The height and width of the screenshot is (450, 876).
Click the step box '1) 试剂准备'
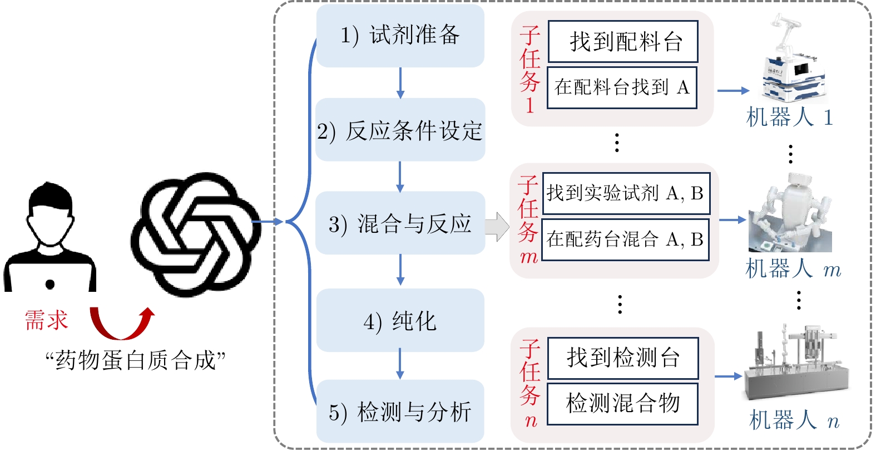tap(400, 36)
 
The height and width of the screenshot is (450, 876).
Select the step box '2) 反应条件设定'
tap(400, 130)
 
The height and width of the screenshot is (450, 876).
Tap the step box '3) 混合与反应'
tap(400, 223)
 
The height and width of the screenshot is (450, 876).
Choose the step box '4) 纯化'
tap(400, 320)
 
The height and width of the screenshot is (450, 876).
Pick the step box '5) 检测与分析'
tap(400, 412)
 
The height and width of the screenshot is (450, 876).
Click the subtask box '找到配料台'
tap(623, 42)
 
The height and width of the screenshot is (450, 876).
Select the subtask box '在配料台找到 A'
tap(622, 87)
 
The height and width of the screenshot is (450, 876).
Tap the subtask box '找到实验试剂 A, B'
tap(626, 193)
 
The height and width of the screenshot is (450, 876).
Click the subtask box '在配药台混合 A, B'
tap(625, 239)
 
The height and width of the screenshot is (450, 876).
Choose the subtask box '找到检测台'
tap(623, 358)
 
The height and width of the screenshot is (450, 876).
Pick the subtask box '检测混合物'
tap(622, 403)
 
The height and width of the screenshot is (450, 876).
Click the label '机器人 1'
tap(789, 118)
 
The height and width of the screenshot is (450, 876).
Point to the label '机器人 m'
tap(793, 269)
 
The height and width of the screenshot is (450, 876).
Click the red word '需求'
tap(46, 320)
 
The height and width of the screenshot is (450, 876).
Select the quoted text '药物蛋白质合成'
tap(135, 360)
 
